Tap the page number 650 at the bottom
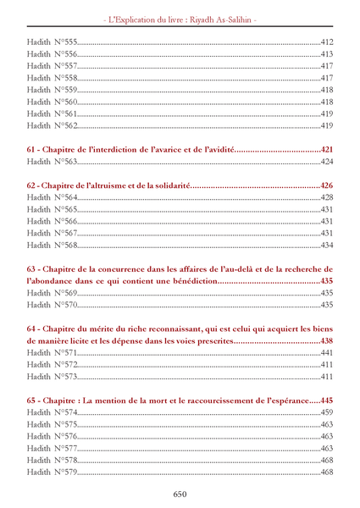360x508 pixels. (180, 494)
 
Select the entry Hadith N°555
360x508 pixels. (52, 41)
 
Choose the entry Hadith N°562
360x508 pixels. (52, 125)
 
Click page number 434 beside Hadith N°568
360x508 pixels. (327, 245)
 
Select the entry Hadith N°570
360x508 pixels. (52, 305)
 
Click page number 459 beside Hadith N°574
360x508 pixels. (327, 411)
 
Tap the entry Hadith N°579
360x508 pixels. (52, 472)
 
